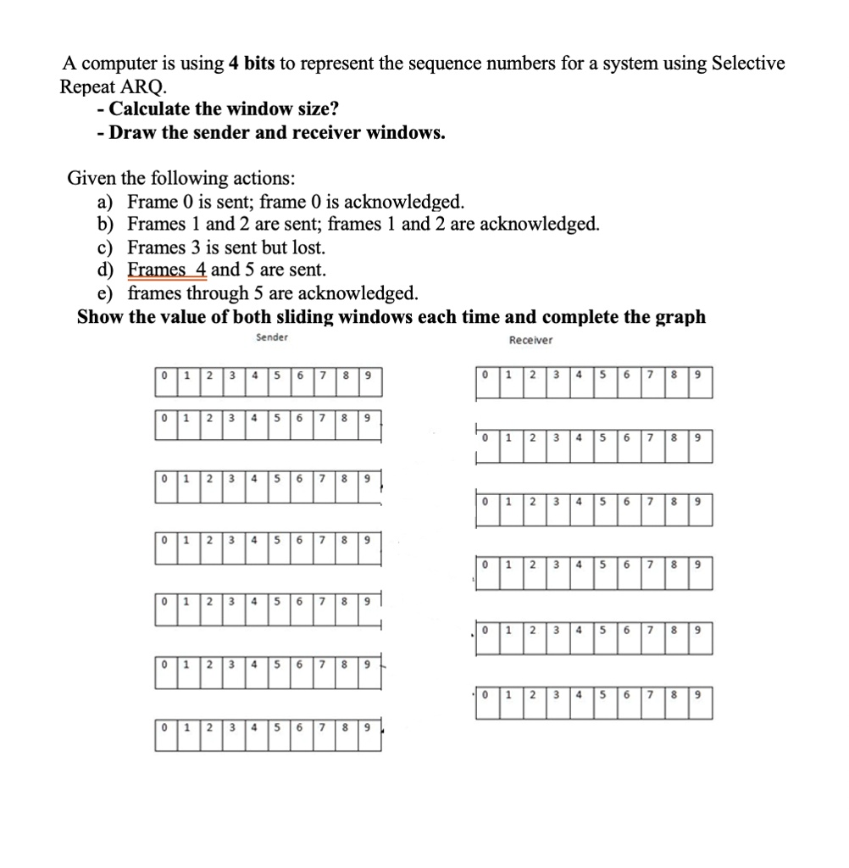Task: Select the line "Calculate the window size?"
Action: (x=224, y=109)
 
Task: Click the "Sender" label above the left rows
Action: (x=272, y=337)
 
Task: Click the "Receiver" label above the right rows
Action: (x=530, y=341)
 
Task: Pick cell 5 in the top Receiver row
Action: (x=601, y=375)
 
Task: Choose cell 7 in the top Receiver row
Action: (x=648, y=375)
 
